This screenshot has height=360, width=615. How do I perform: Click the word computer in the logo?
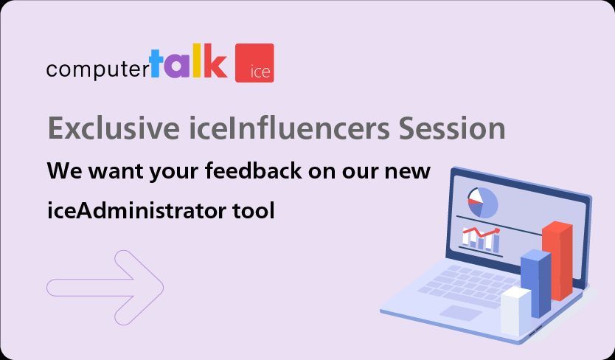click(97, 69)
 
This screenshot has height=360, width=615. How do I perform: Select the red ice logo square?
click(254, 63)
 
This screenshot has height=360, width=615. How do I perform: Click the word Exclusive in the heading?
click(108, 128)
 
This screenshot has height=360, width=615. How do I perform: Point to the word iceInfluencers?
click(287, 128)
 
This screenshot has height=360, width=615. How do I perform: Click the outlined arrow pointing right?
click(105, 287)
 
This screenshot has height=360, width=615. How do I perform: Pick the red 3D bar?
click(557, 260)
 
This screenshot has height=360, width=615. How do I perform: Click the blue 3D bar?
click(535, 283)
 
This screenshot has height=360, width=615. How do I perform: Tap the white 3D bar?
click(515, 310)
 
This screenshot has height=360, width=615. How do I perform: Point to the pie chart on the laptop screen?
click(482, 202)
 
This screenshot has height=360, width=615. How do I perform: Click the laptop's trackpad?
click(462, 313)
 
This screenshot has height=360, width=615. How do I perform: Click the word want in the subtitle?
click(116, 170)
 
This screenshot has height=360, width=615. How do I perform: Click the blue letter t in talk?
click(156, 63)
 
